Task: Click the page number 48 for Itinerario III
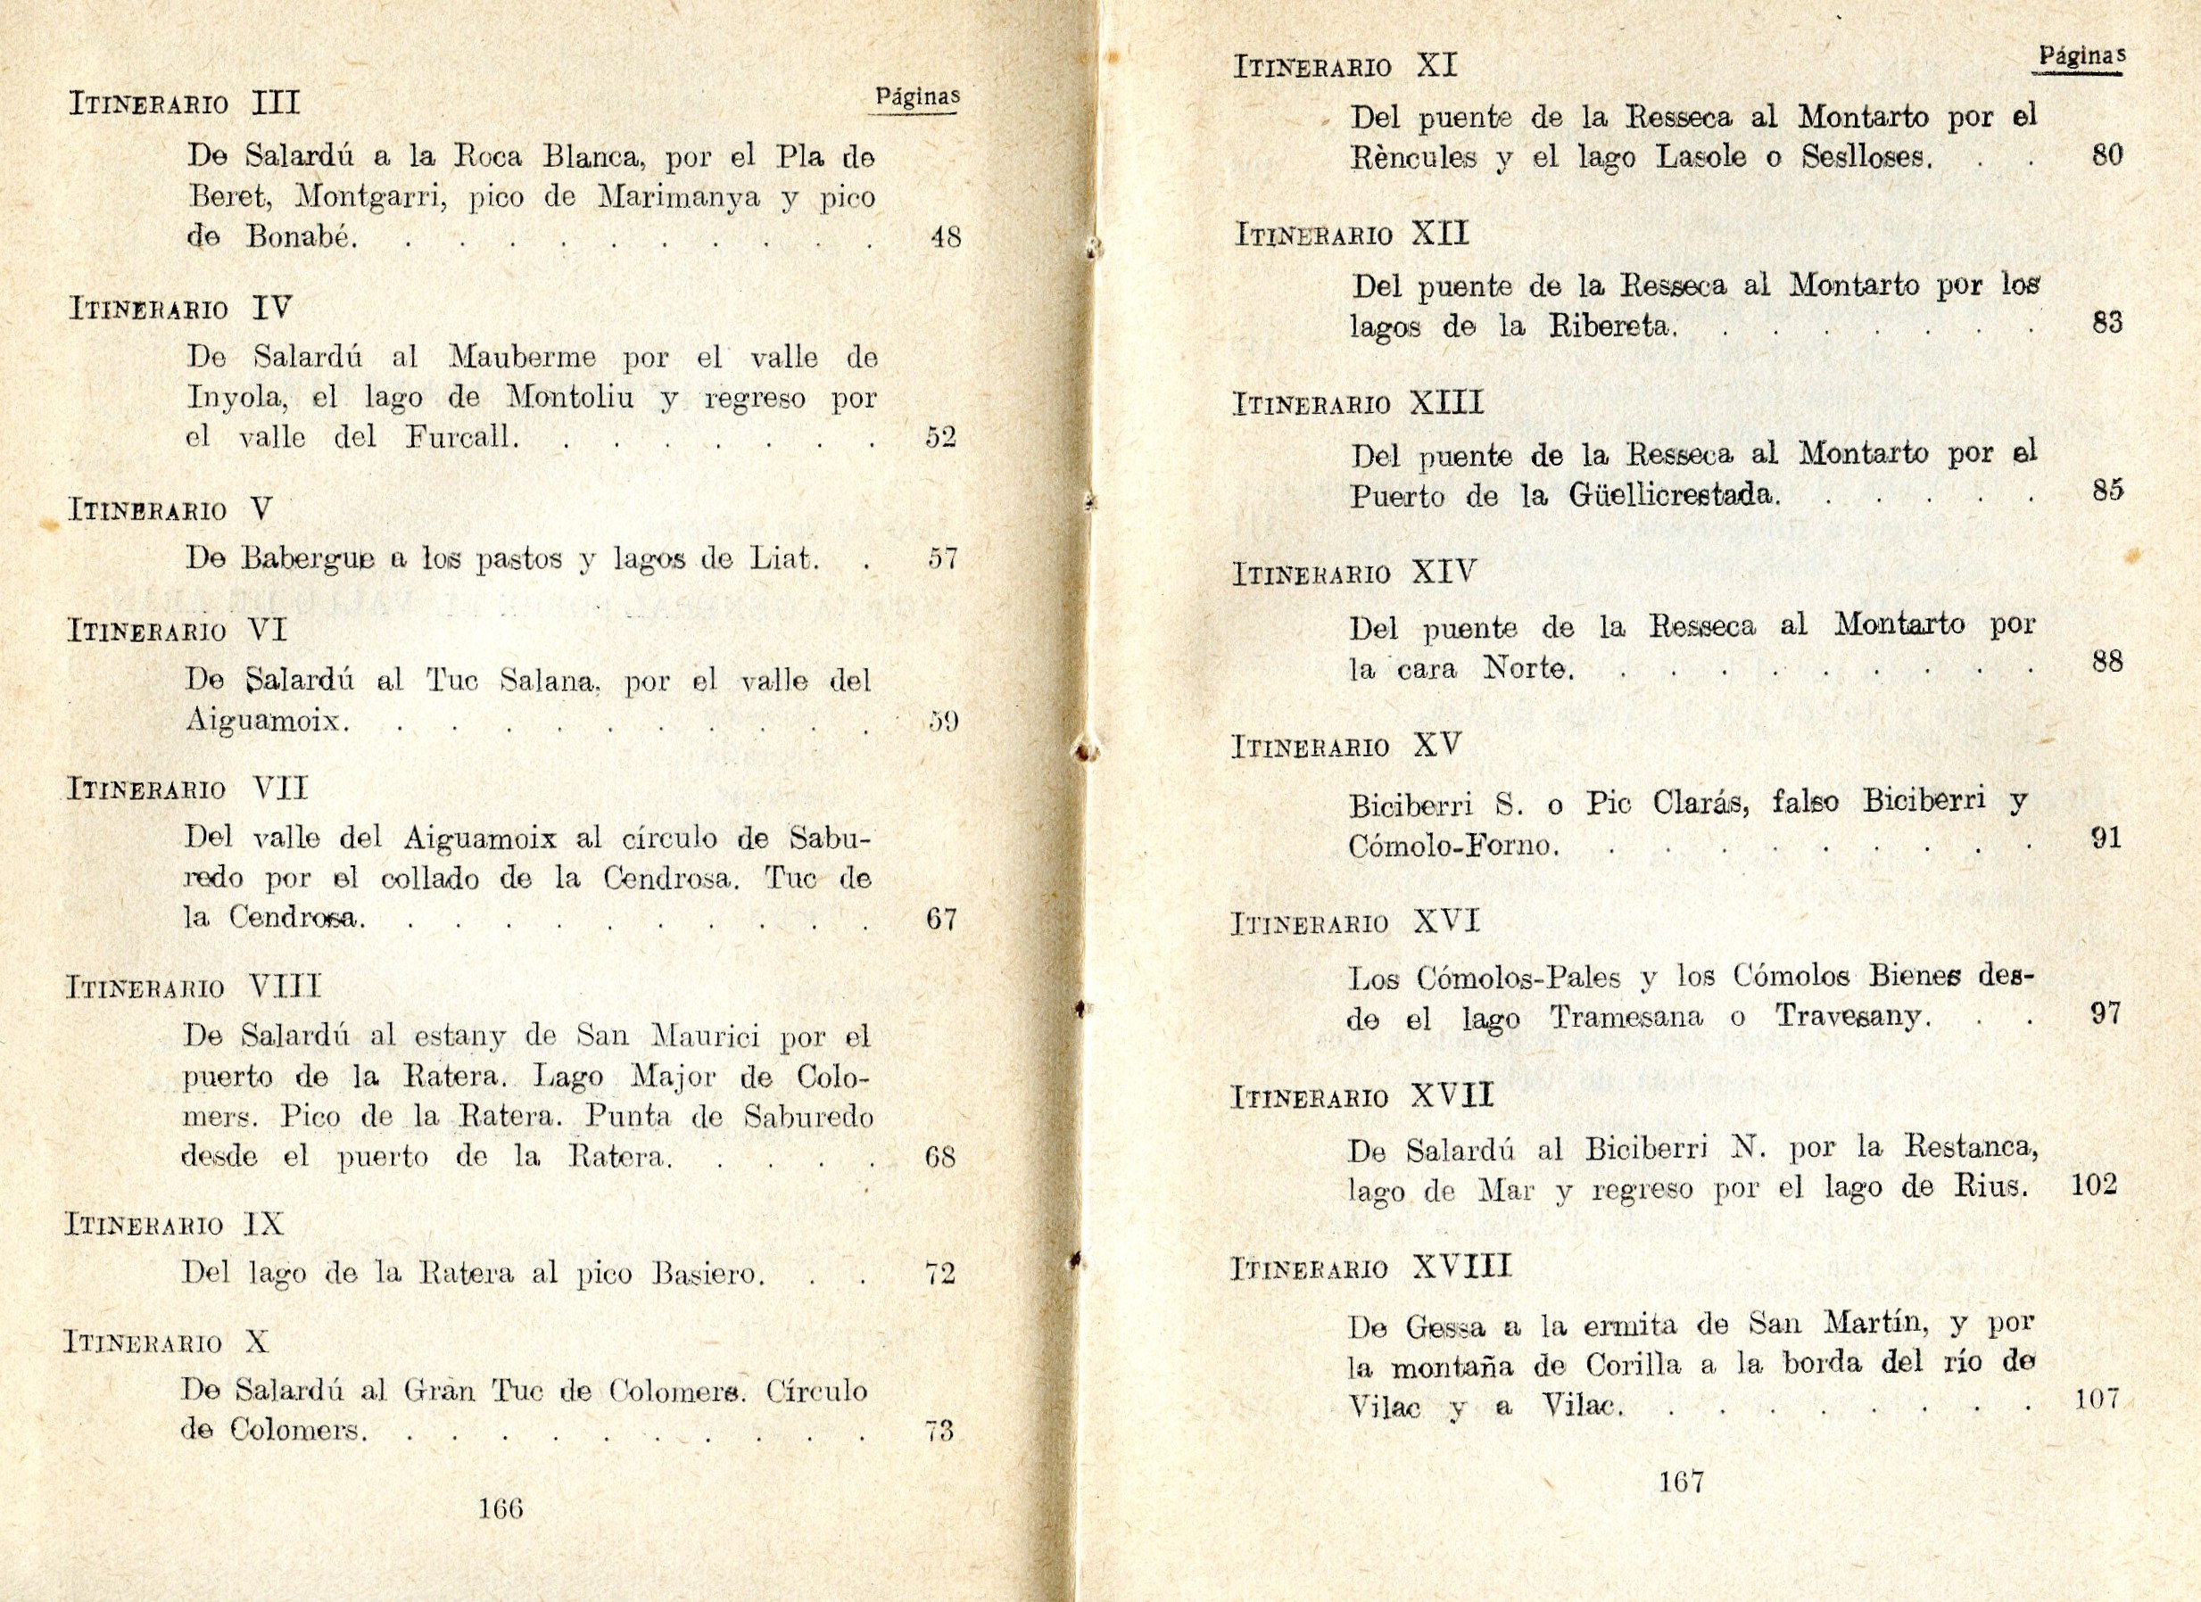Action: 944,236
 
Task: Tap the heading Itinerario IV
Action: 180,310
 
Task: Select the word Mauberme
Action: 522,358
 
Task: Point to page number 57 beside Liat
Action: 942,559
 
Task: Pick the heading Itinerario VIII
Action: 192,987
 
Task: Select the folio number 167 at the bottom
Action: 1681,1482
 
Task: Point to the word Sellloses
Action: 1866,157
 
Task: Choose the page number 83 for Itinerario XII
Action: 2106,323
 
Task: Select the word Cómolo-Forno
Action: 1452,846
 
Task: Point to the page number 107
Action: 2097,1400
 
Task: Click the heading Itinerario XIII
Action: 1358,404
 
